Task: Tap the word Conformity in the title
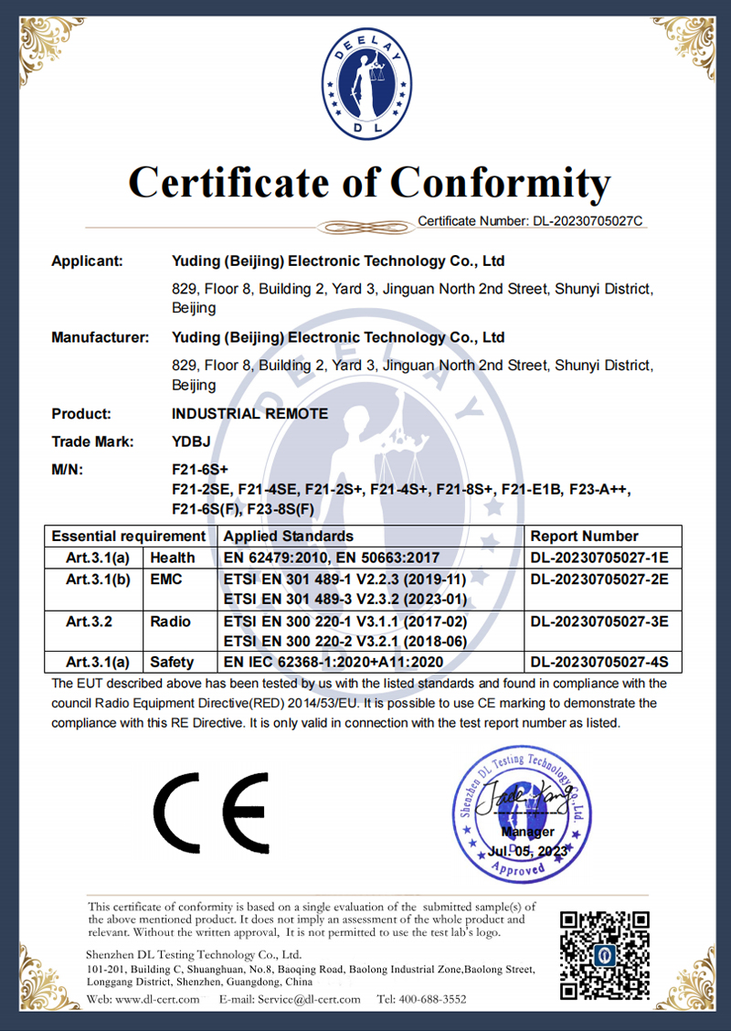coord(501,182)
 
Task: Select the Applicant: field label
coord(87,261)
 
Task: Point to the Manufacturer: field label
coord(100,338)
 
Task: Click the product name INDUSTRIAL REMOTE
coord(249,414)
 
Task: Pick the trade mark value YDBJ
coord(191,442)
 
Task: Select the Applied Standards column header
coord(288,537)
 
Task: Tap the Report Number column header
coord(584,537)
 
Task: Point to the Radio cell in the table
coord(171,622)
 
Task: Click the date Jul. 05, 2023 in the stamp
coord(527,851)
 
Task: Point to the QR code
coord(605,954)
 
